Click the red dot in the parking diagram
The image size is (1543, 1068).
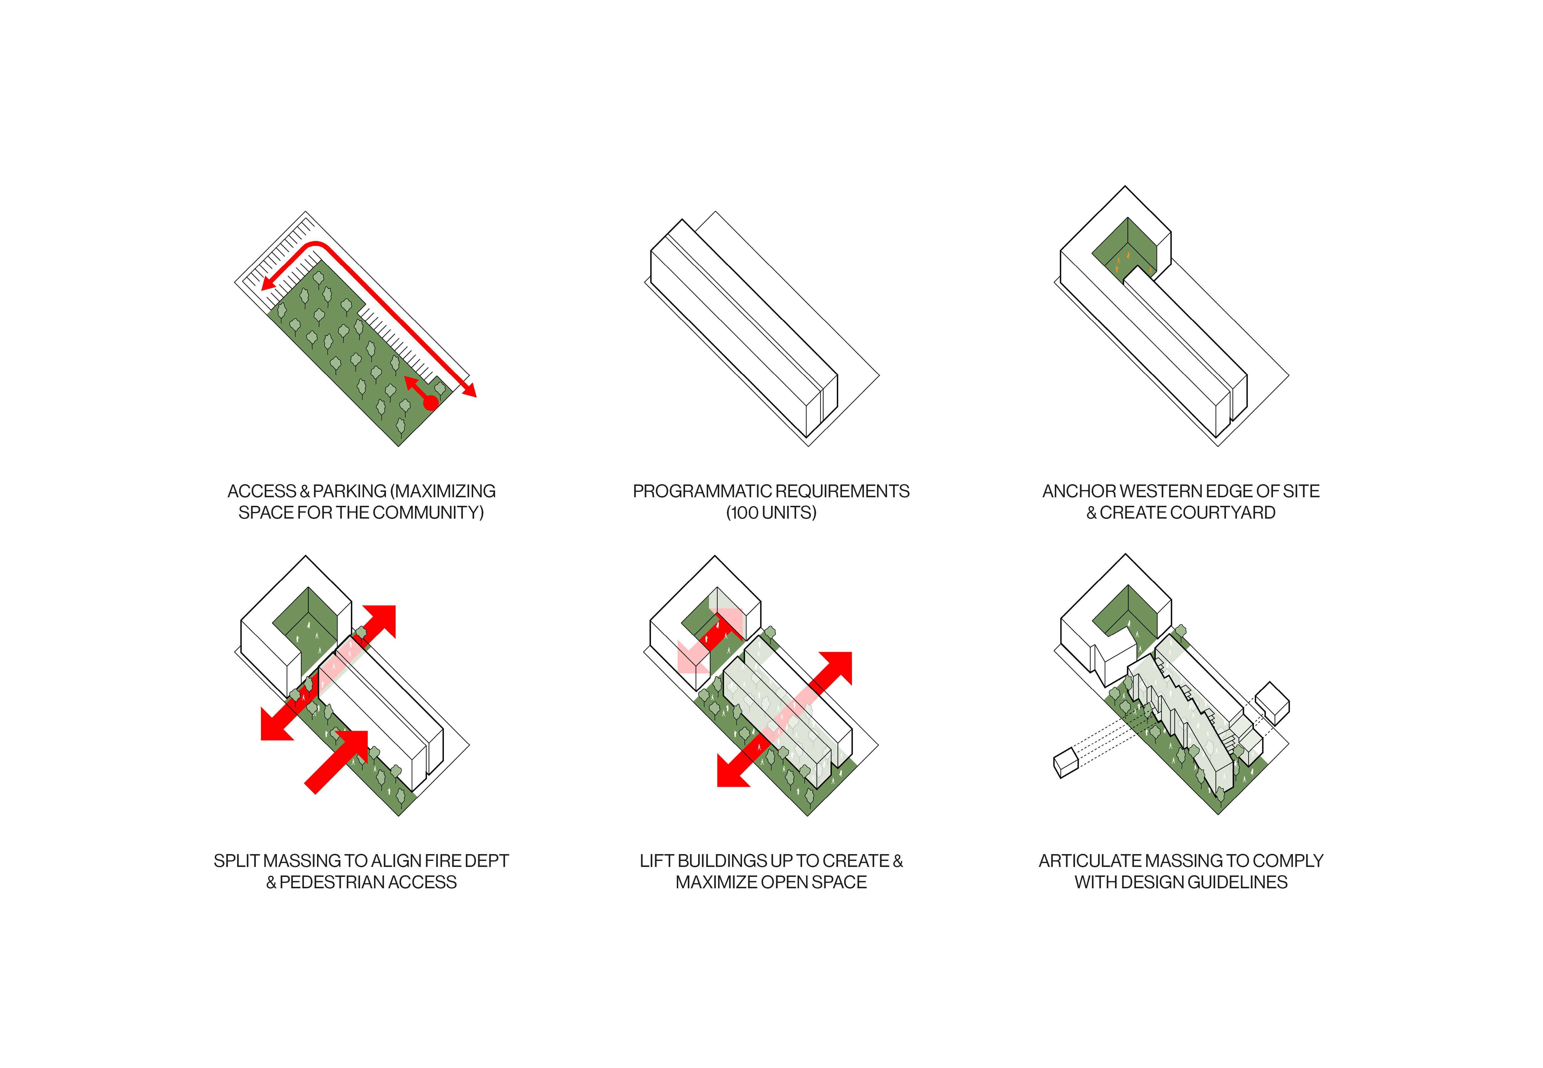pyautogui.click(x=431, y=402)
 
